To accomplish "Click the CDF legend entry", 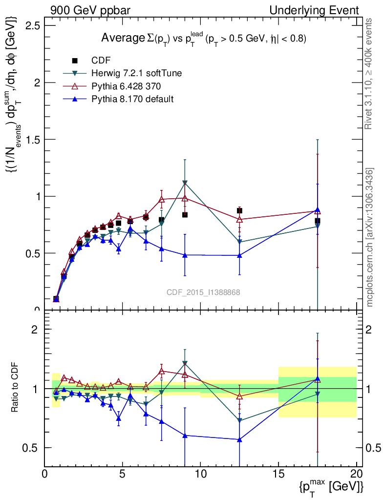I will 101,61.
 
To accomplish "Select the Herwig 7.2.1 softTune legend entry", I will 136,73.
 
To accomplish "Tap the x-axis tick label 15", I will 278,474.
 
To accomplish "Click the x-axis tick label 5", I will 123,474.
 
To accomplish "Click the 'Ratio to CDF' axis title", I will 16,388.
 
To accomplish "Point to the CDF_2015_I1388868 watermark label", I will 203,292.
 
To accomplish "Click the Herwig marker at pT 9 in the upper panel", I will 185,183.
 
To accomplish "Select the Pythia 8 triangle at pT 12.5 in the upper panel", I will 239,255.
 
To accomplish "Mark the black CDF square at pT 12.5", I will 239,210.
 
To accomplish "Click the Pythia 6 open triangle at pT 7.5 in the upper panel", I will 162,199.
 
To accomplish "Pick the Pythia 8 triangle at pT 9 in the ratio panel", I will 185,435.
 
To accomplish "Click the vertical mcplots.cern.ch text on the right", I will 370,237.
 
